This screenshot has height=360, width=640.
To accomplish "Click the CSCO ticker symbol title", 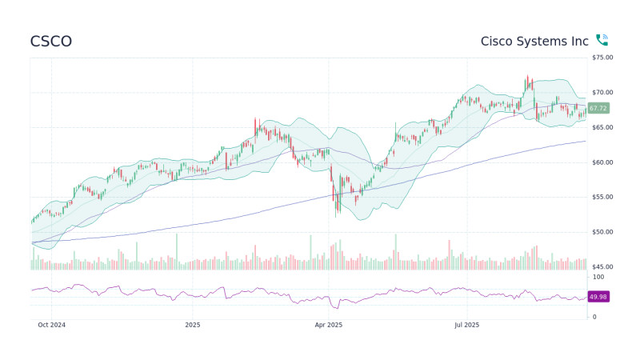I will click(50, 41).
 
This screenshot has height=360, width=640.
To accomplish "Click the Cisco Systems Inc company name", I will click(534, 41).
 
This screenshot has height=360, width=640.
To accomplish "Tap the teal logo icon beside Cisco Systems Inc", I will click(602, 40).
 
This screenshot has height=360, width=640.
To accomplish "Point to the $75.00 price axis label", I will click(602, 58).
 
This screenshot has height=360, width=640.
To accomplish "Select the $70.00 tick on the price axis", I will click(602, 93).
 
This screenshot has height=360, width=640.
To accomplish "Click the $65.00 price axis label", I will click(602, 127).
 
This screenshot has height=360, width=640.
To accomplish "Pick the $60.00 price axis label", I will click(602, 162).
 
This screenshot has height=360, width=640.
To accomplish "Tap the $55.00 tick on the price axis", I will click(602, 197).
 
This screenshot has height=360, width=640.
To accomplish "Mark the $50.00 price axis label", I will click(602, 232).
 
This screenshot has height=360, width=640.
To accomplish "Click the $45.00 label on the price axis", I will click(602, 266).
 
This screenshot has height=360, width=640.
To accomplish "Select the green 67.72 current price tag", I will click(598, 108).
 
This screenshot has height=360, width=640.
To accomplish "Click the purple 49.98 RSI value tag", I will click(598, 297).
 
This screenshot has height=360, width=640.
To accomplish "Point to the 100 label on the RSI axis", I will click(598, 276).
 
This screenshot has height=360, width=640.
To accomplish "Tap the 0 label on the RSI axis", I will click(594, 317).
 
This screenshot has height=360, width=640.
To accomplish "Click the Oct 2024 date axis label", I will click(51, 325).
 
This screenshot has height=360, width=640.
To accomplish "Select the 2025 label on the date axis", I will click(192, 325).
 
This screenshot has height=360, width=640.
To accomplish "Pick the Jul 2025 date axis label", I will click(466, 325).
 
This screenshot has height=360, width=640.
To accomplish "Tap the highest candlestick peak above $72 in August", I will click(526, 76).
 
